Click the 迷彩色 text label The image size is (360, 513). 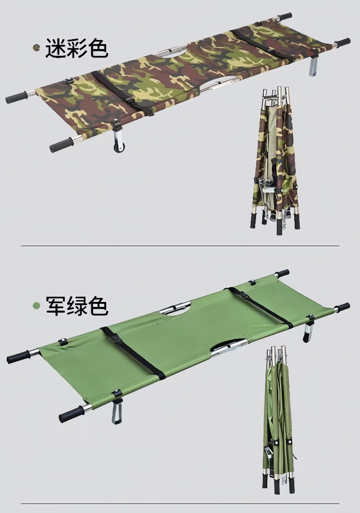point(76,48)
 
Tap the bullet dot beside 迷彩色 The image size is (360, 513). point(36,48)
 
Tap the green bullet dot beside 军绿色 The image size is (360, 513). point(36,306)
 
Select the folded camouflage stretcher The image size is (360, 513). point(275,160)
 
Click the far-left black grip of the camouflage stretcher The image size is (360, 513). point(16,98)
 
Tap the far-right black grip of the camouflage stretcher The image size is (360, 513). point(342,42)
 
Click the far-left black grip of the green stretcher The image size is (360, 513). point(19,357)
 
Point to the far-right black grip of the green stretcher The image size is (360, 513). point(342,307)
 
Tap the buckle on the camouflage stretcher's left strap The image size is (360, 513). point(129,100)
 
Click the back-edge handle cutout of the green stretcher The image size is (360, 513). point(175,308)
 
